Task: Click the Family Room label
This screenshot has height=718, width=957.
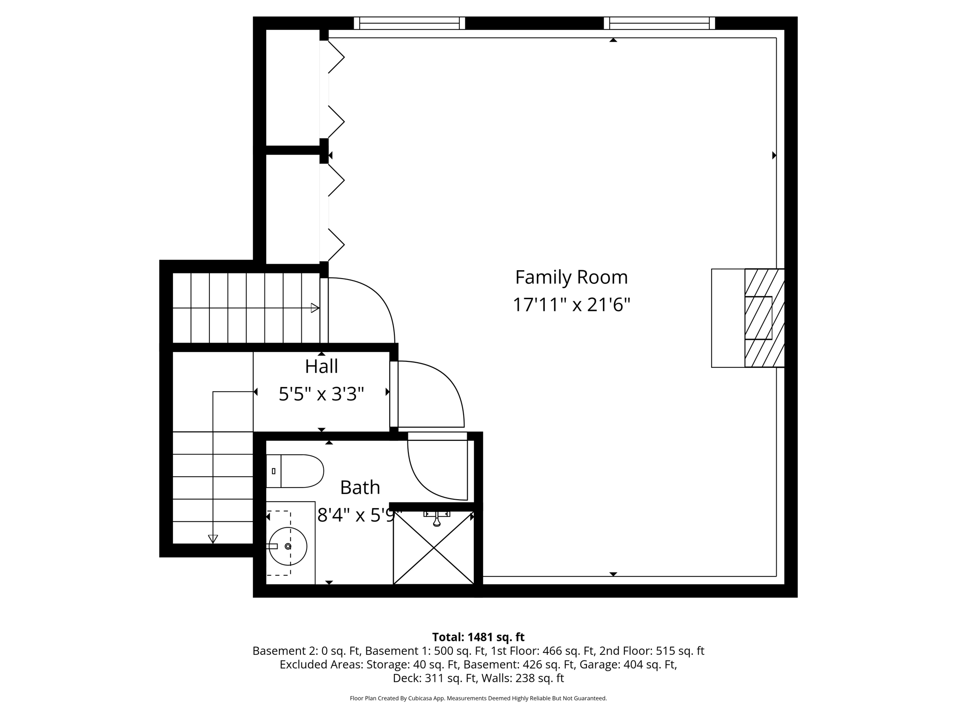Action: click(571, 277)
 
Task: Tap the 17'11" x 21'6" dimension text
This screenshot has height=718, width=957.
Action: click(571, 305)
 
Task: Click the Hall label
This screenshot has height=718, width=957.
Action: click(321, 366)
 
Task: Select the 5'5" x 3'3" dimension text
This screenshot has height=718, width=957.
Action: click(321, 394)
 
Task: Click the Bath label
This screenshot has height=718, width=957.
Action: click(359, 488)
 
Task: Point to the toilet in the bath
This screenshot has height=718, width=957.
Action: click(295, 471)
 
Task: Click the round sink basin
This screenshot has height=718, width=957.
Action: click(288, 546)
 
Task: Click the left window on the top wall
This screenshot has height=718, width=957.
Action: click(409, 23)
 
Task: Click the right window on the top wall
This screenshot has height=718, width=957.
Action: click(659, 23)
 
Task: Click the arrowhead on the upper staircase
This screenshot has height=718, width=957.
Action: click(315, 308)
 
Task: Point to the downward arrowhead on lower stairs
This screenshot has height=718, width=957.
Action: click(213, 539)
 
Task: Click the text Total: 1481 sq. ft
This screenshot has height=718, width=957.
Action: click(478, 637)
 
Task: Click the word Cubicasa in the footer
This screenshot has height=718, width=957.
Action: click(420, 698)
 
